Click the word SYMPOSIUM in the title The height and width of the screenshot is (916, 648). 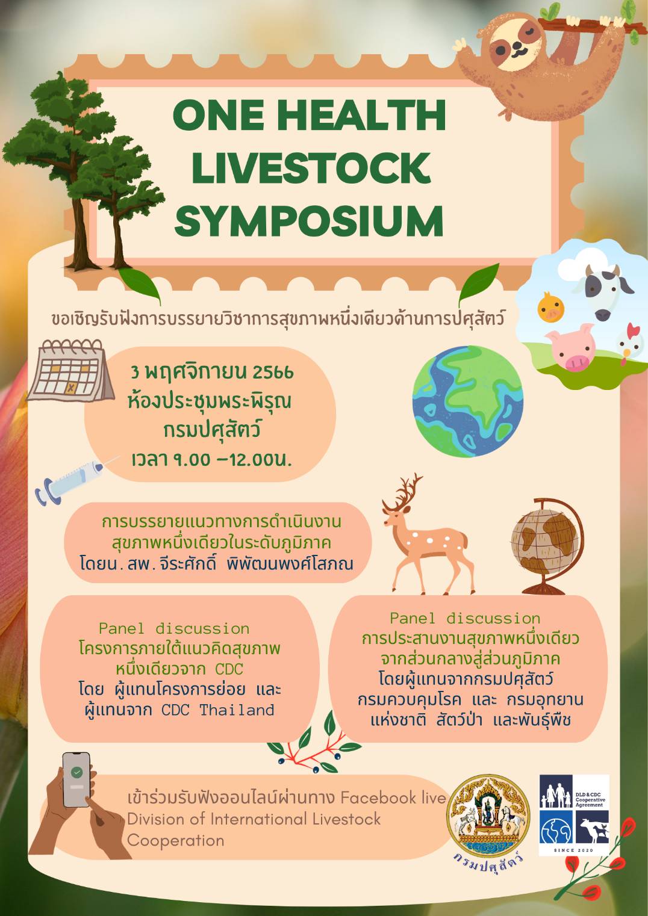click(309, 220)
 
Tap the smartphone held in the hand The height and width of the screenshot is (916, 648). click(76, 779)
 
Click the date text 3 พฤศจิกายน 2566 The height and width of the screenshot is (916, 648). click(213, 372)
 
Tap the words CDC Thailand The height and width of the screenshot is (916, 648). click(218, 710)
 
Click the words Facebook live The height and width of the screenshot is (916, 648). click(393, 797)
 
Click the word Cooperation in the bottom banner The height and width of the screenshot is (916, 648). click(175, 840)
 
